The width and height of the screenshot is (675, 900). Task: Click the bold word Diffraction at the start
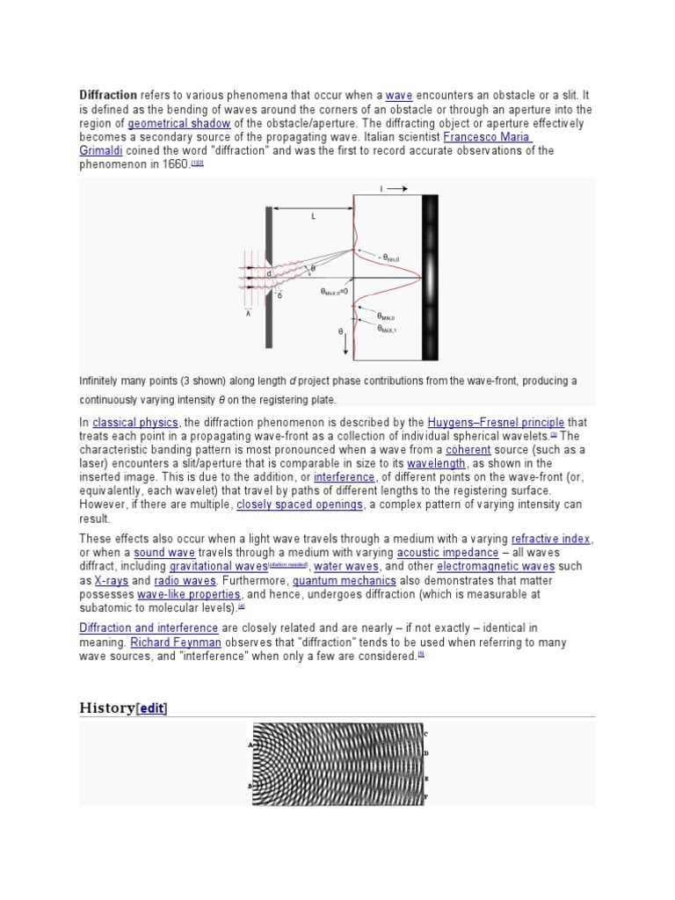[x=108, y=94]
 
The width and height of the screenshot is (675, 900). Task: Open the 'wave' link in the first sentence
[x=399, y=94]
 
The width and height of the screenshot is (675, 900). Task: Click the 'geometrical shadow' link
[x=178, y=123]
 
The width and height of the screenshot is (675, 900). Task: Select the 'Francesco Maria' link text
[x=488, y=137]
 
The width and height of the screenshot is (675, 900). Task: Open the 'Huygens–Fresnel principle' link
[x=496, y=422]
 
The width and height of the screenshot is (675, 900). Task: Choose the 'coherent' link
[x=468, y=449]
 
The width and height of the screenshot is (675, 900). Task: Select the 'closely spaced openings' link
[x=299, y=504]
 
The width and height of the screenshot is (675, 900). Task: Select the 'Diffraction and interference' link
[x=149, y=628]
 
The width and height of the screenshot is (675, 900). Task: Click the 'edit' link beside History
[x=151, y=708]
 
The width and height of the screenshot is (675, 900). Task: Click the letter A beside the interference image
[x=250, y=743]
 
